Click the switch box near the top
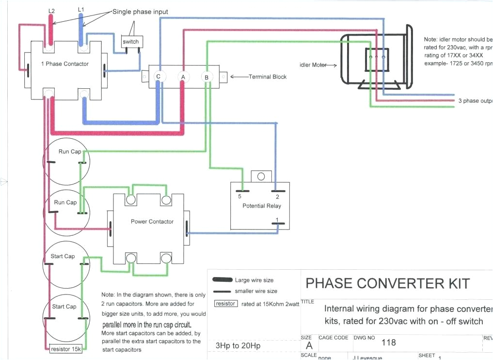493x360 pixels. click(x=130, y=42)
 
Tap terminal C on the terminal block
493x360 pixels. click(x=158, y=77)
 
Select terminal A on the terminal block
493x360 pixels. click(x=183, y=77)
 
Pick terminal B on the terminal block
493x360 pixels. click(x=207, y=77)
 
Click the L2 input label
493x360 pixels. click(x=51, y=10)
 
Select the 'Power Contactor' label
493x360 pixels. click(x=152, y=222)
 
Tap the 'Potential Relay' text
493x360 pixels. click(x=261, y=206)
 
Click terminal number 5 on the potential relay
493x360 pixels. click(x=239, y=196)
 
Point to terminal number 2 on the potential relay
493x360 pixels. click(x=277, y=196)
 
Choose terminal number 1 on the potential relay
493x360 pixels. click(x=277, y=221)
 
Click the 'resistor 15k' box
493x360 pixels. click(x=66, y=349)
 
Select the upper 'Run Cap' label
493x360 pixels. click(x=70, y=152)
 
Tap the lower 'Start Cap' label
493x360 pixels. click(x=64, y=307)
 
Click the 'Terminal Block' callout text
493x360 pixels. click(x=267, y=77)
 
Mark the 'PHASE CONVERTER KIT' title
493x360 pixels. click(x=388, y=283)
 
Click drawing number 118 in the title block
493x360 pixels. click(x=388, y=343)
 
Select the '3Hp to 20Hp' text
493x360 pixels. click(x=238, y=346)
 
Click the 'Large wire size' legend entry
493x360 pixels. click(x=254, y=280)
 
